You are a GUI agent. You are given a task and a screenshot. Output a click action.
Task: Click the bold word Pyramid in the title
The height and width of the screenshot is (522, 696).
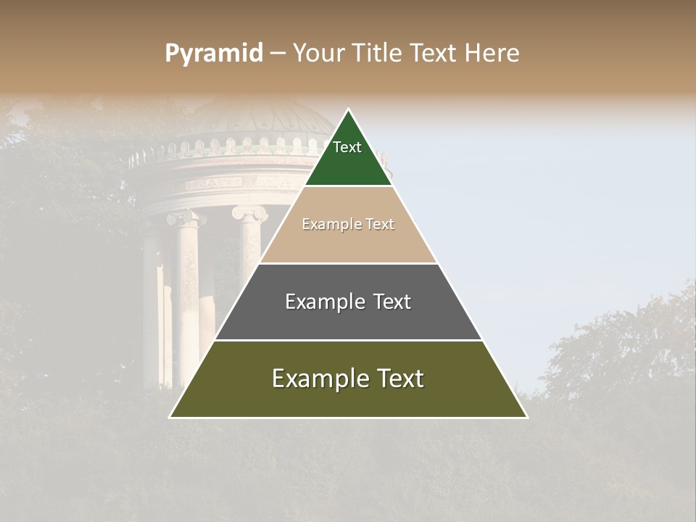[x=213, y=54]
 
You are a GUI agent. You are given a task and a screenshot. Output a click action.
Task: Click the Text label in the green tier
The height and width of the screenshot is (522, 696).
[x=347, y=147]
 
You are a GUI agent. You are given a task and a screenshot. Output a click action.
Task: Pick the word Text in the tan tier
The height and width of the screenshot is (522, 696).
[x=381, y=225]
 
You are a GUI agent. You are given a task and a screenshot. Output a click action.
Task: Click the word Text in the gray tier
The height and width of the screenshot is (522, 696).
[x=391, y=302]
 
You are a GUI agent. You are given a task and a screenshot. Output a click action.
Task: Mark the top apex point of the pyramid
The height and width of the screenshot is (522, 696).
[x=348, y=110]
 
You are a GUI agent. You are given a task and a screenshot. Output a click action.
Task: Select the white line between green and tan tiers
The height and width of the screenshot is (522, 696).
[x=348, y=186]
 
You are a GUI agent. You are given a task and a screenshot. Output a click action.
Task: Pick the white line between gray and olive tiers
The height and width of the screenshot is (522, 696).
[x=348, y=341]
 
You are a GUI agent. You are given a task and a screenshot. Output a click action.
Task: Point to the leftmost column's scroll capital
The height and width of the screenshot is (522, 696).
[x=182, y=217]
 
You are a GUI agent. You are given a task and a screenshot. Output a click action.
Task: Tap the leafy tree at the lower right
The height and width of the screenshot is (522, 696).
[x=623, y=348]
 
